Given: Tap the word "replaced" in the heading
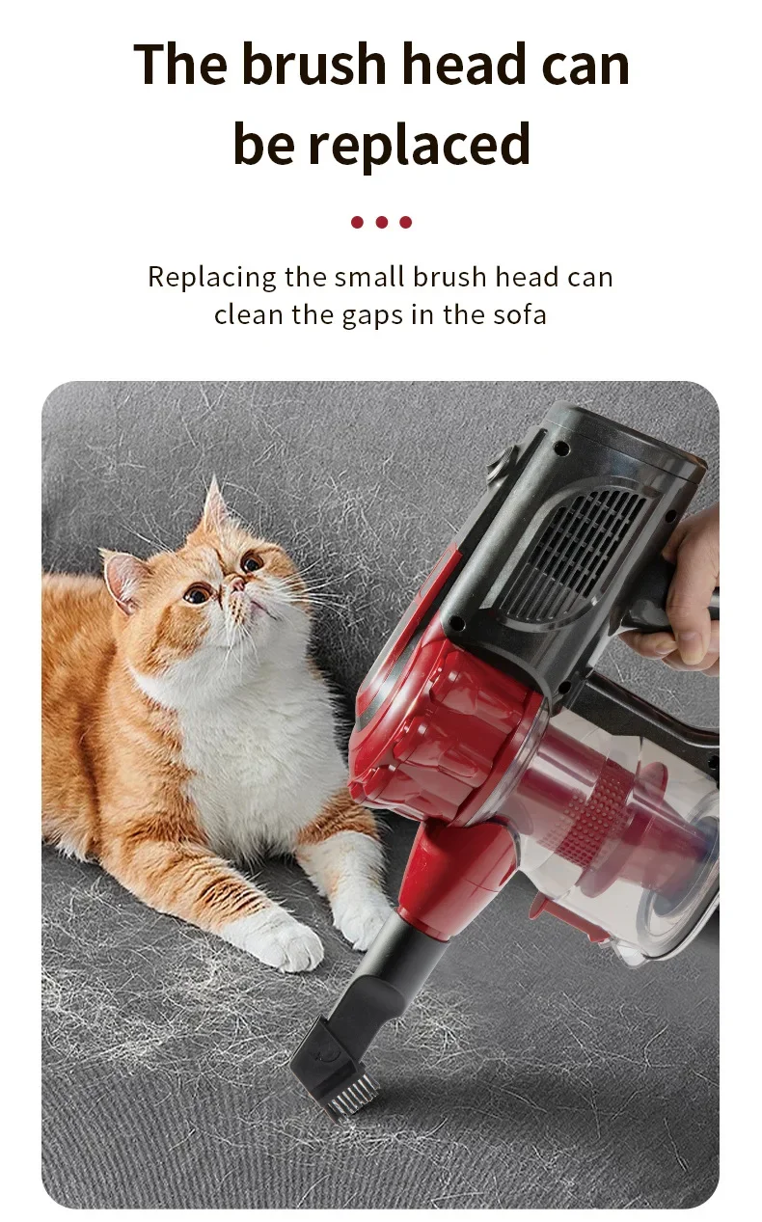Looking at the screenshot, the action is pos(420,144).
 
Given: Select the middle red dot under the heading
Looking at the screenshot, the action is pos(382,222).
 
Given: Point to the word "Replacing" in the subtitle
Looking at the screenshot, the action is pos(212,278).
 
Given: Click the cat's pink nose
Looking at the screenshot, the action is pos(236,584).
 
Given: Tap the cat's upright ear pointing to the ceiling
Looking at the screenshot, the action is pos(215,503).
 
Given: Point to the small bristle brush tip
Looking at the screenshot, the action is pos(350,1095).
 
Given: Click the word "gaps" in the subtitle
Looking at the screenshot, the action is pos(372,317).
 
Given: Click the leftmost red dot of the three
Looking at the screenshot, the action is pos(357,222).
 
